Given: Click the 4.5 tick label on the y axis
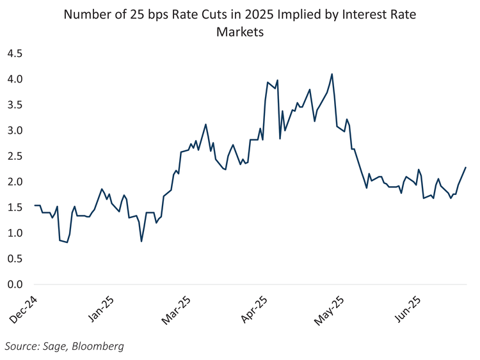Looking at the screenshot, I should [x=14, y=54].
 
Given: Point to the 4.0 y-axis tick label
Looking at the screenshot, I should [x=14, y=79].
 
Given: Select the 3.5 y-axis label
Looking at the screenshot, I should [x=14, y=105].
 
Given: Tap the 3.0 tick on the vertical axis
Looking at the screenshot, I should [x=14, y=130].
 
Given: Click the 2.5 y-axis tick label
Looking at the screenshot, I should [x=14, y=156].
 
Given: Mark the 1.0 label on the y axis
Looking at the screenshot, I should [x=14, y=233].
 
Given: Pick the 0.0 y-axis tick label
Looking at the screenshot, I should [x=14, y=284].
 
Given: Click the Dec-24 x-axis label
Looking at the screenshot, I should [x=23, y=308].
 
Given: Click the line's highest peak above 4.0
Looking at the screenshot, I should [x=332, y=74].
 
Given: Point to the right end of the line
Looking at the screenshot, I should [x=466, y=168].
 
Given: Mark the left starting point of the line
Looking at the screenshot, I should [x=35, y=205].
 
